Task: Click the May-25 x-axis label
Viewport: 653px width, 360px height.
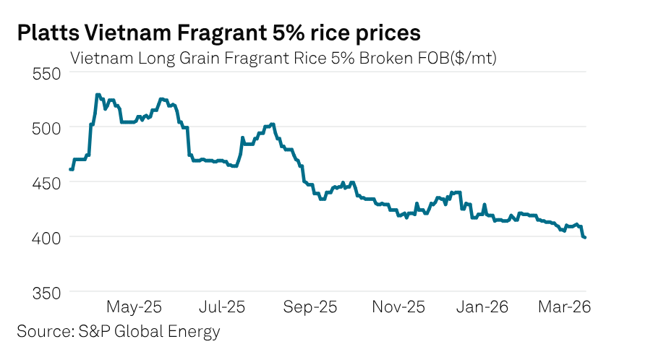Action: click(134, 307)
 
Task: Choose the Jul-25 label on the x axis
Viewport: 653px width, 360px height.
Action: click(221, 307)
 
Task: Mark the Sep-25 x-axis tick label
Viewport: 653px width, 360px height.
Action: click(310, 307)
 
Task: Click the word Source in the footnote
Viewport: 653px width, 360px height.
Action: click(42, 332)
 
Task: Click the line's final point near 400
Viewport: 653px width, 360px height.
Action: click(584, 237)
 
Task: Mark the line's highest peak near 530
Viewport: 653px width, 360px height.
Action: click(97, 95)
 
